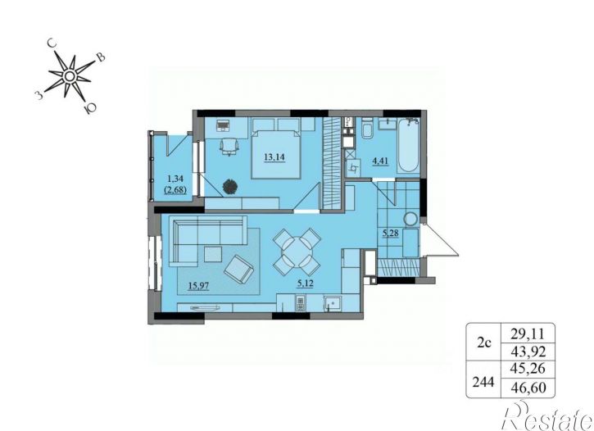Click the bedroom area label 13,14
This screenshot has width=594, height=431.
[274, 157]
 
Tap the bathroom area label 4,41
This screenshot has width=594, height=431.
[381, 161]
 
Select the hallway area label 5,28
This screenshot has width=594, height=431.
[391, 233]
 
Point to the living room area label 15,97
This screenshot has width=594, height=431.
[199, 285]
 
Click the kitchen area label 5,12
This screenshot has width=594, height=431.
[305, 283]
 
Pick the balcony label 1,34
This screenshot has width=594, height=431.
[175, 179]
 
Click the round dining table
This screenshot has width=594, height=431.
[297, 252]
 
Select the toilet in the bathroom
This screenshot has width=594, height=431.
[367, 129]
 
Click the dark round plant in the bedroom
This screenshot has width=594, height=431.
[230, 187]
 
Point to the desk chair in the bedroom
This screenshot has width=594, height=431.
[229, 146]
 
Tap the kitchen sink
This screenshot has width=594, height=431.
[333, 303]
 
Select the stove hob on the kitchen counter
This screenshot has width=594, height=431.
[300, 304]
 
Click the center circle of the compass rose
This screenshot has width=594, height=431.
[70, 77]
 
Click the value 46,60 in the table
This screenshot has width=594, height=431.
[528, 388]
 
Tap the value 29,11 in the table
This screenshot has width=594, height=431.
[528, 334]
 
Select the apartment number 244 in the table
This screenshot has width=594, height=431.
[483, 382]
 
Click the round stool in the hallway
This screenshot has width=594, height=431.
[410, 219]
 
